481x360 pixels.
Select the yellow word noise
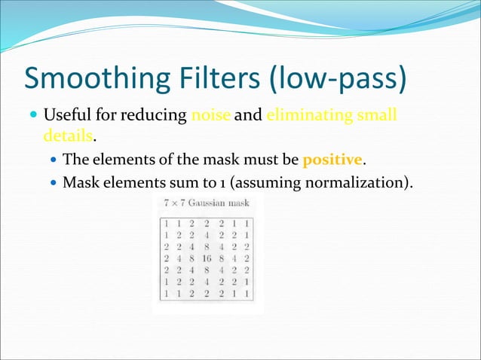coord(212,116)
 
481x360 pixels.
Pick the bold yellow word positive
coord(332,160)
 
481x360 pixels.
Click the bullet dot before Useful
coord(32,117)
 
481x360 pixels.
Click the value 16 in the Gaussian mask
coord(208,257)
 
